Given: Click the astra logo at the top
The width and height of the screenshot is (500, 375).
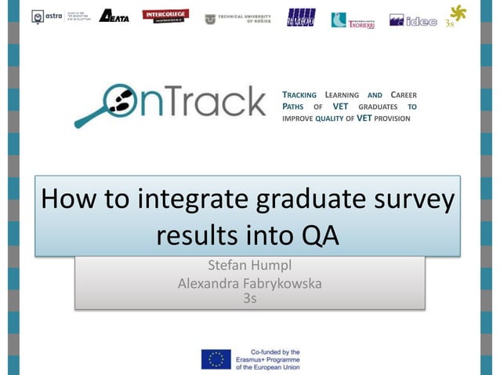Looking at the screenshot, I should click(x=47, y=16).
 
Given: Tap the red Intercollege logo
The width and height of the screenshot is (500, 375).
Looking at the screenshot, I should click(x=165, y=16).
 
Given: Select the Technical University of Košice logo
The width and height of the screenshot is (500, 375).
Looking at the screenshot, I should click(x=237, y=19).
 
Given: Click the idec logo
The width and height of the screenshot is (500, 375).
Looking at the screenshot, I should click(x=414, y=20).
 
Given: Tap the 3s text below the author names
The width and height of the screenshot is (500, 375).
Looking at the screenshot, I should click(x=249, y=298).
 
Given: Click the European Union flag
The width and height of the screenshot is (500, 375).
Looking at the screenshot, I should click(x=216, y=359).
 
